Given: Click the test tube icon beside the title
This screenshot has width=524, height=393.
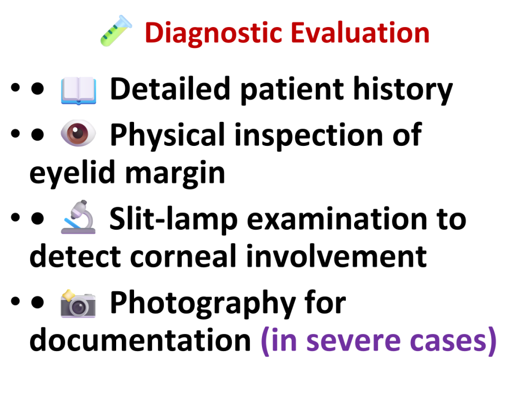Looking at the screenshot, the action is [x=116, y=31].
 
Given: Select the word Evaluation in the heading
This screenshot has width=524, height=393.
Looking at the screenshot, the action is [x=360, y=32].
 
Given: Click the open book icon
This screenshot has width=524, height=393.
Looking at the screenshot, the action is [x=78, y=90].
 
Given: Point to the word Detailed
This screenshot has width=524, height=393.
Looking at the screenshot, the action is [x=170, y=89].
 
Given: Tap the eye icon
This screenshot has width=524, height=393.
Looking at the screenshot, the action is [x=78, y=133].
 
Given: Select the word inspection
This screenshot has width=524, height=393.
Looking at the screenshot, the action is [x=309, y=135].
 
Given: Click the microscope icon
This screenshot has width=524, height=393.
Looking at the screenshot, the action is [x=78, y=217].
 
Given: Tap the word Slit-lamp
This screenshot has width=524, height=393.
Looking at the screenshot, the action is [x=173, y=219].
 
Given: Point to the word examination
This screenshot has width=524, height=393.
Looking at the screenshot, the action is [x=337, y=219].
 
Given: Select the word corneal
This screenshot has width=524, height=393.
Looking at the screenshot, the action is [x=183, y=256].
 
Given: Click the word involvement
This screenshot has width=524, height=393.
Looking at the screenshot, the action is [x=336, y=256].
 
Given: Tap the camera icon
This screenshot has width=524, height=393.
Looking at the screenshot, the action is [x=78, y=303].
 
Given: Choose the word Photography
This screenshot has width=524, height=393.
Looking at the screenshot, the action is [x=203, y=303].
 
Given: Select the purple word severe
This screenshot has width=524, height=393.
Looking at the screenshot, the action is [x=354, y=342].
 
